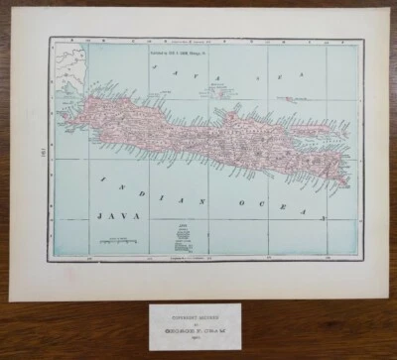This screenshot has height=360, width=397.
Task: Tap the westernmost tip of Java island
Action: tap(65, 111)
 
